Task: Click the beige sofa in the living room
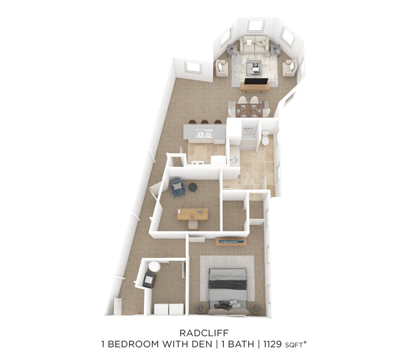254,45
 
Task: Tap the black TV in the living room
256,81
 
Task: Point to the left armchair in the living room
221,68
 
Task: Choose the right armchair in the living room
290,67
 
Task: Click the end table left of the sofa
232,50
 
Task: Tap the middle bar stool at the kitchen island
205,122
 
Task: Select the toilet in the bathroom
265,138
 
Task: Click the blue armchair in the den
178,187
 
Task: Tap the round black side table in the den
193,187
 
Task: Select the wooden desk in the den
192,214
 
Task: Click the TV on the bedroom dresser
231,241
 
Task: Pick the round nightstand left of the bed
200,308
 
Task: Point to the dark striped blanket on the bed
227,284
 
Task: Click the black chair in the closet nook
149,279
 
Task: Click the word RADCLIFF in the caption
204,333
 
